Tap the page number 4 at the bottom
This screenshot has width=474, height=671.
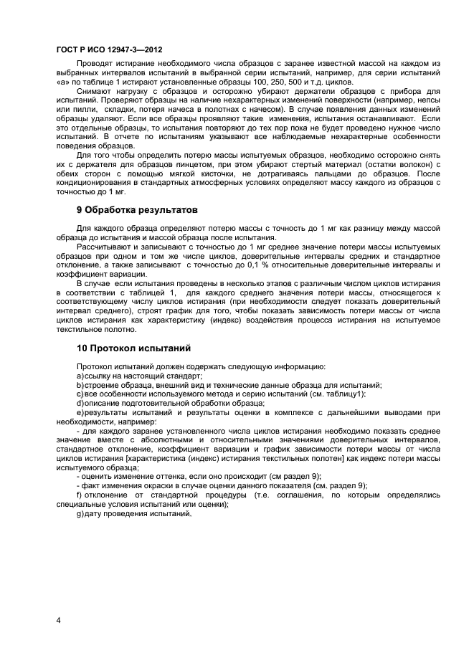click(58, 620)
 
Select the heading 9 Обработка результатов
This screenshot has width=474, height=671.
click(136, 210)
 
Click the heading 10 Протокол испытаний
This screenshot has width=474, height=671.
click(133, 348)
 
